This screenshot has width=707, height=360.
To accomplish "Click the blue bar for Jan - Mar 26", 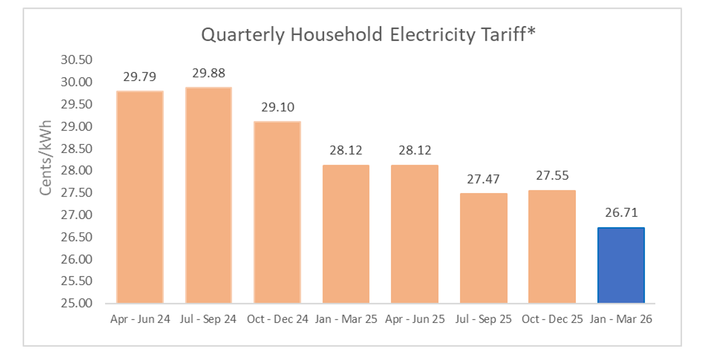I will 621,265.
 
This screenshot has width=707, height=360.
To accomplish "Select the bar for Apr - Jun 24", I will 140,197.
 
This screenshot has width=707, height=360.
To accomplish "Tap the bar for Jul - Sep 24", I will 208,195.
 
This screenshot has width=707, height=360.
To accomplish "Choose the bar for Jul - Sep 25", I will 483,248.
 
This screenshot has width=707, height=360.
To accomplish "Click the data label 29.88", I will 209,73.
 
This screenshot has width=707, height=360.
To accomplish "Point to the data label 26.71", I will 621,213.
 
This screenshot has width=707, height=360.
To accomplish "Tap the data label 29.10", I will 278,107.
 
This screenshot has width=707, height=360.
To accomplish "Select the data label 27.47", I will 483,179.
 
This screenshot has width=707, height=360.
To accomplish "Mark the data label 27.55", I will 552,176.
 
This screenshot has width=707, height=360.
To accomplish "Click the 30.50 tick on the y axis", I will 77,60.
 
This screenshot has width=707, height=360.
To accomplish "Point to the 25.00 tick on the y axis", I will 77,303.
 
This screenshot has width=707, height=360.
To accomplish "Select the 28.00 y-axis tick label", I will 77,170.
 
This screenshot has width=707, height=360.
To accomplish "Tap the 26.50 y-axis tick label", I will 77,237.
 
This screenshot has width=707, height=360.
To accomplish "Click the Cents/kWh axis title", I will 46,158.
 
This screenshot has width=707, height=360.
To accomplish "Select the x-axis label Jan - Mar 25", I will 346,319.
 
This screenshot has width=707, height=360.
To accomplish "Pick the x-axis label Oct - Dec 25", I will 552,319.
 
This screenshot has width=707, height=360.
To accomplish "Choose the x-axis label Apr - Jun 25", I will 414,319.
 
